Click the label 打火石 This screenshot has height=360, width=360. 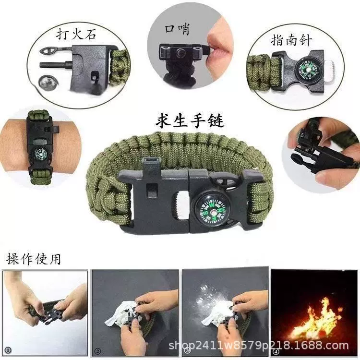coord(76,35)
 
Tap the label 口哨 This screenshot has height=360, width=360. coord(177,29)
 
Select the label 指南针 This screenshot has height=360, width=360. coord(291,40)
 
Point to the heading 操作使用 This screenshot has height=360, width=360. coord(34,259)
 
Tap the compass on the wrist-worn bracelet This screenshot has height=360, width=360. coord(41,153)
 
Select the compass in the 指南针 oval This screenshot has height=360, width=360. coord(306,69)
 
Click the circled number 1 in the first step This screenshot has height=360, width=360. coord(8,350)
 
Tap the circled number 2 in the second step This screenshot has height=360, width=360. coord(97,351)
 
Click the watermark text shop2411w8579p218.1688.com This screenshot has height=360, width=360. coord(259,345)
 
